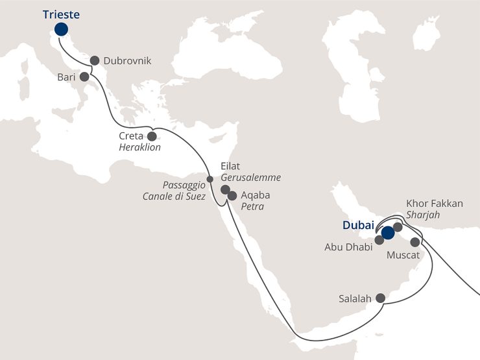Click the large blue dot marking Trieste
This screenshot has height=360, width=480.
tap(61, 29)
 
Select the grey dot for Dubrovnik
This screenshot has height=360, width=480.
tap(95, 60)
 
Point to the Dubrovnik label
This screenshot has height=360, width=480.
tap(127, 61)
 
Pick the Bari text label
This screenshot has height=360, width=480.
tap(66, 77)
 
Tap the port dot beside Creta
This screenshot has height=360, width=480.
tap(152, 136)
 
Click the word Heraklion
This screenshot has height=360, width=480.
tap(139, 147)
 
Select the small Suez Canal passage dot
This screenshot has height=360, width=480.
tap(210, 179)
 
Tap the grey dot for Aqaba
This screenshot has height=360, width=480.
tap(232, 195)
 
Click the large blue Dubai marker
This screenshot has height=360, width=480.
tap(388, 233)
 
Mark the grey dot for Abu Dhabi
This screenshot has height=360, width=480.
tap(379, 240)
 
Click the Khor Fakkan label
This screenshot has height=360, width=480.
tap(434, 204)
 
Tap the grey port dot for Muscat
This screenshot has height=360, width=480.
tap(415, 241)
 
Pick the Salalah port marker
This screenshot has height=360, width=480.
tap(381, 298)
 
